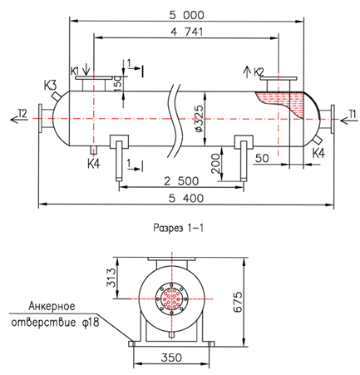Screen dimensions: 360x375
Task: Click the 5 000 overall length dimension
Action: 186,15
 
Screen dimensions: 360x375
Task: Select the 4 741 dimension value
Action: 186,32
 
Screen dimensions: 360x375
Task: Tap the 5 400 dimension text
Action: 186,198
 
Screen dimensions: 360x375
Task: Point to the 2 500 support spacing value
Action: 181,181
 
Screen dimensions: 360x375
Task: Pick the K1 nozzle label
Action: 76,71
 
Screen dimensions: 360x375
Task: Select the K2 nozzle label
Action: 259,72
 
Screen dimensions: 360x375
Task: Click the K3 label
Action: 51,86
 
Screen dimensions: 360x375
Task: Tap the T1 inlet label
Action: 352,114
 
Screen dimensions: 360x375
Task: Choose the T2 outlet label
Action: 22,113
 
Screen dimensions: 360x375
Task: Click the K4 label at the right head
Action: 318,153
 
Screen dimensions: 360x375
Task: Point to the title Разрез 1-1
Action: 179,228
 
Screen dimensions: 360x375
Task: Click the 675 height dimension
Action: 238,302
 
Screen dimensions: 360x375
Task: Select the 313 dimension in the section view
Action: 111,278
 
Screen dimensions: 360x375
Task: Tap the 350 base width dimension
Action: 171,358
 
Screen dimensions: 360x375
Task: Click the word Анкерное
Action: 52,306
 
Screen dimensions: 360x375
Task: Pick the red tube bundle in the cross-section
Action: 172,299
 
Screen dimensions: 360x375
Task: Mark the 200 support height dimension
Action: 216,164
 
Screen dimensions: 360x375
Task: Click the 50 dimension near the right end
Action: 262,158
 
